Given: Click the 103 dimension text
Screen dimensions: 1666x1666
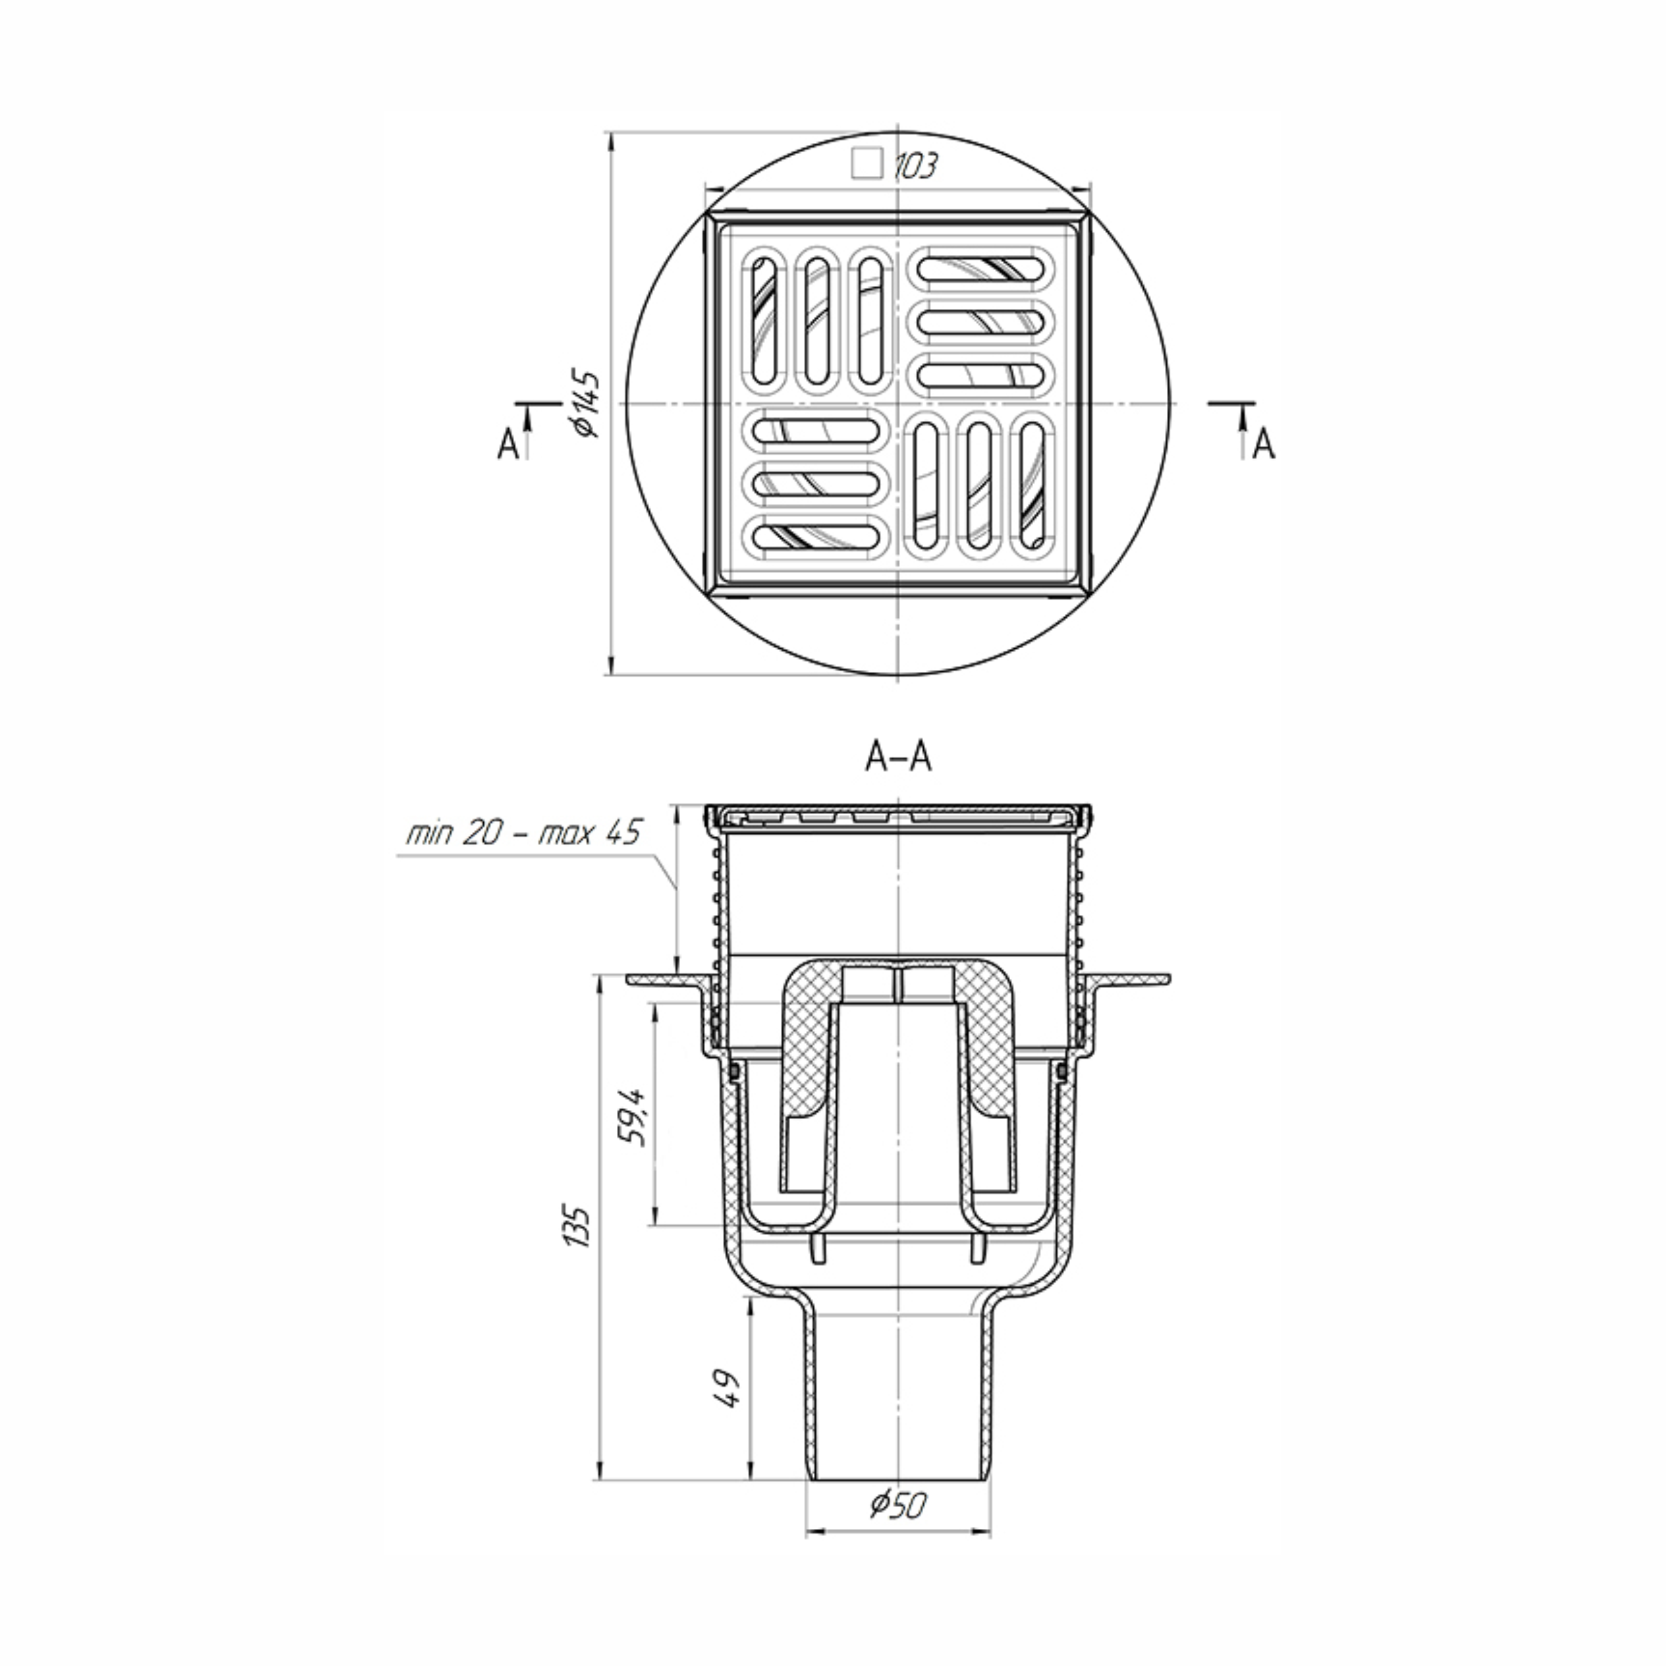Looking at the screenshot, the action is coord(914,165).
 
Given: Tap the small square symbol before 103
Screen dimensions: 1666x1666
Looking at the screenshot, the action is coord(867,163).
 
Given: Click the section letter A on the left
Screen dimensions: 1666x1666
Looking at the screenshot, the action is coord(509,444).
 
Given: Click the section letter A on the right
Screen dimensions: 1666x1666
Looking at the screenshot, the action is coord(1263,444).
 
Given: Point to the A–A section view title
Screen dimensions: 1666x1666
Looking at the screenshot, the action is coord(898,757).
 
